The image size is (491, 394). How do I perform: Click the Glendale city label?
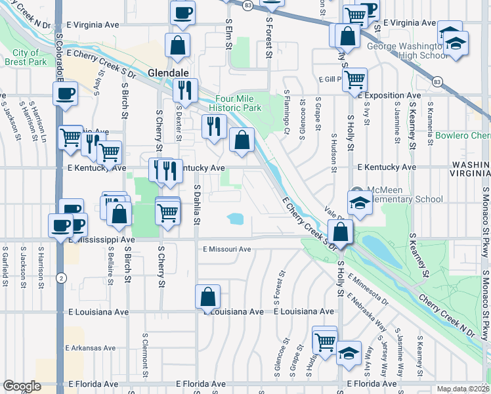[x=169, y=72]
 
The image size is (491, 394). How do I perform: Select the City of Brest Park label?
[x=29, y=58]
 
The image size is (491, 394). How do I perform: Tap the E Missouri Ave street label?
[x=227, y=250]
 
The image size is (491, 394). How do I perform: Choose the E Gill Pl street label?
[x=331, y=79]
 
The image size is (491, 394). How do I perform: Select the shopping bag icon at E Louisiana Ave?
[x=207, y=297]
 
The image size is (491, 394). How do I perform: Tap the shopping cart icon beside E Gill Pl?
[x=354, y=79]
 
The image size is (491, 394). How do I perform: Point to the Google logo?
[x=22, y=386]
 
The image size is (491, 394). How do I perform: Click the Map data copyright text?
[x=463, y=389]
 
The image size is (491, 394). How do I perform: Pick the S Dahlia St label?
[x=196, y=204]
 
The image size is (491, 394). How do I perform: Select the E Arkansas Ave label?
[x=91, y=348]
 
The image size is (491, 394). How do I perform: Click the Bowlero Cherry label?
[x=462, y=137]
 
